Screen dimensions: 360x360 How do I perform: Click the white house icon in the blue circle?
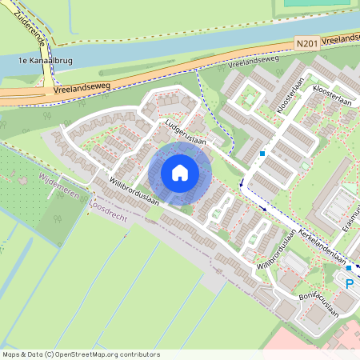point(180,172)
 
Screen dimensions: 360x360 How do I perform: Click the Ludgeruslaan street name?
point(186,134)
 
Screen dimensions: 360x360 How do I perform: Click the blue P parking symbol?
point(348,282)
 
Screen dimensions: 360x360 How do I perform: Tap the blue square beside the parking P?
point(348,267)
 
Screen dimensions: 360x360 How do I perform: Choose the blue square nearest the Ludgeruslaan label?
point(262,154)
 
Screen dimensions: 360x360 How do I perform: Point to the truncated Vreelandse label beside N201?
point(342,38)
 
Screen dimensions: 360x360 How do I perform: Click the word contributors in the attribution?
point(138,354)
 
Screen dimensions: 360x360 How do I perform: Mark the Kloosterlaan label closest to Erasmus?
point(332,97)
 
